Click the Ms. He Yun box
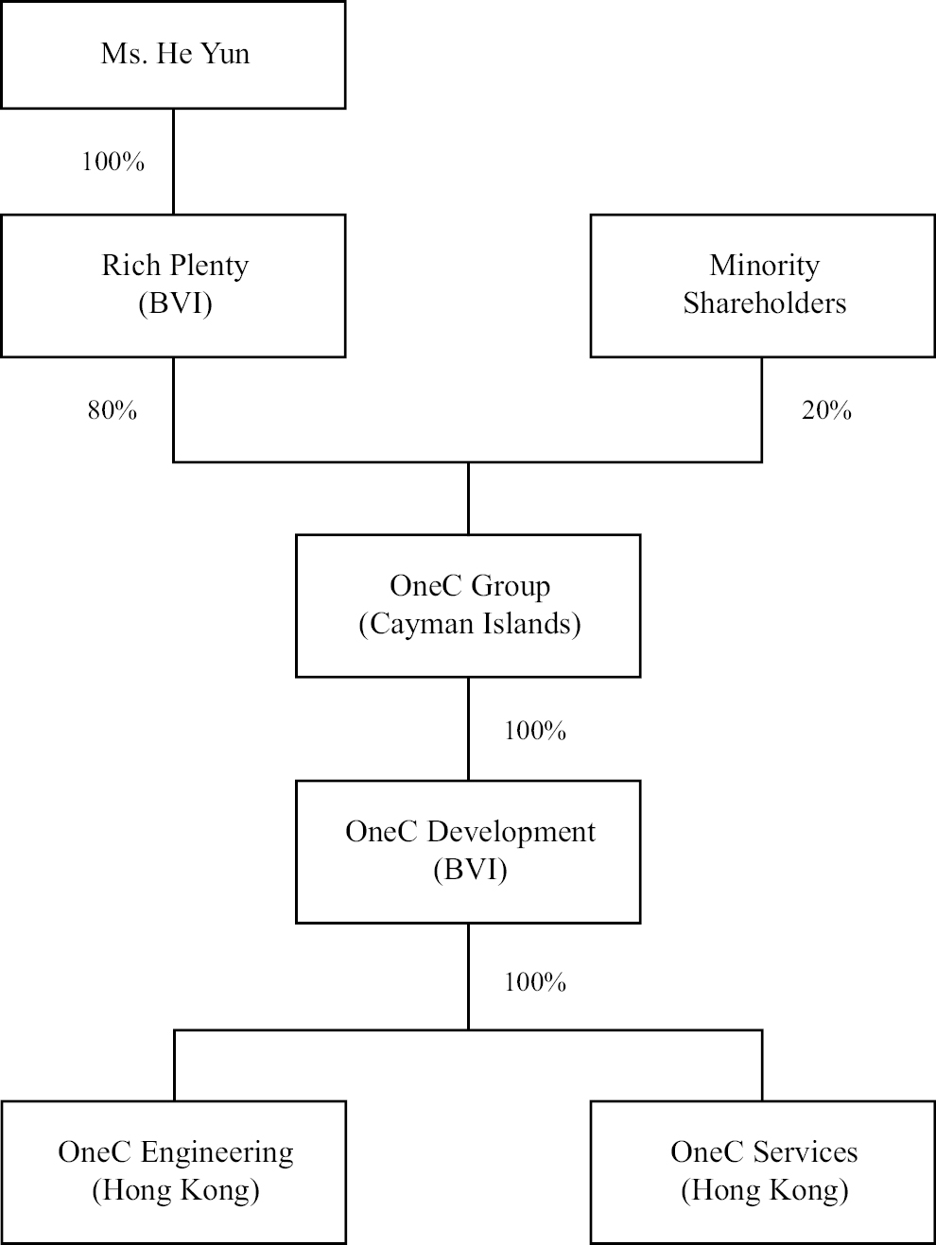pyautogui.click(x=173, y=54)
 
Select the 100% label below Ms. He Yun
pyautogui.click(x=113, y=162)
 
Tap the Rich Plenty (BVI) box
pyautogui.click(x=173, y=285)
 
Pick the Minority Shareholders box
pyautogui.click(x=763, y=285)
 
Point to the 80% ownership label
pyautogui.click(x=113, y=410)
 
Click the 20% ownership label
pyautogui.click(x=826, y=410)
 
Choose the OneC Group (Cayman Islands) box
pyautogui.click(x=468, y=605)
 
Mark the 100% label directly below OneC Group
pyautogui.click(x=535, y=731)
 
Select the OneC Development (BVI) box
pyautogui.click(x=468, y=851)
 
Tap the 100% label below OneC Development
pyautogui.click(x=535, y=982)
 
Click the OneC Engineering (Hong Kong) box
pyautogui.click(x=173, y=1171)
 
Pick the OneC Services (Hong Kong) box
pyautogui.click(x=763, y=1171)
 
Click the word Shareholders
pyautogui.click(x=764, y=303)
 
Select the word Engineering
pyautogui.click(x=217, y=1152)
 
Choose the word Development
pyautogui.click(x=511, y=832)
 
